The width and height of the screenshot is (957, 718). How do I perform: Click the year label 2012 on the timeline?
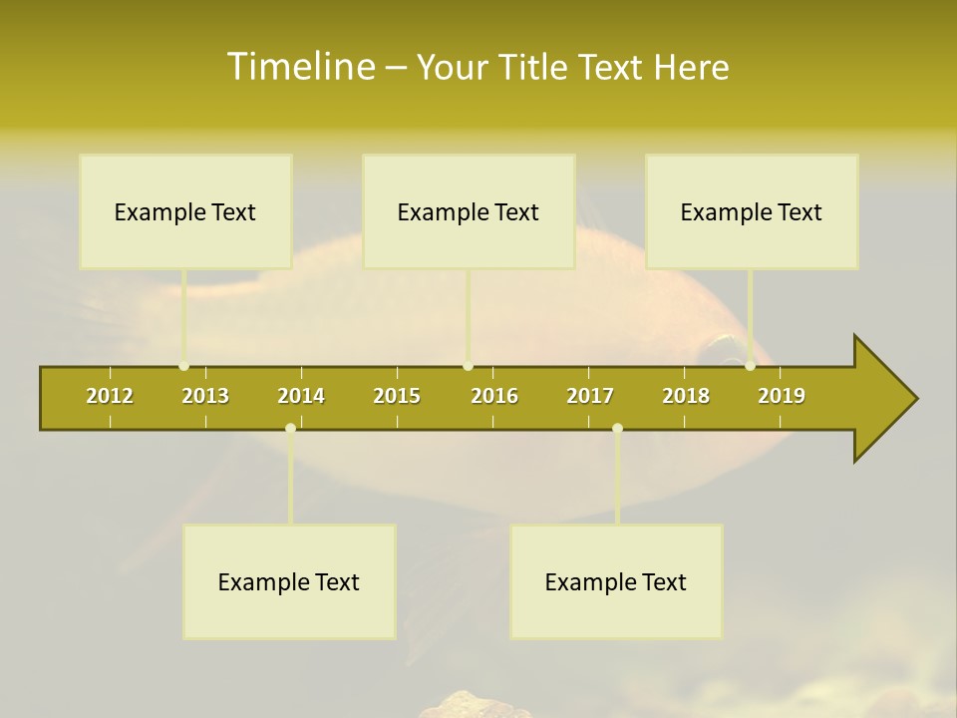110,396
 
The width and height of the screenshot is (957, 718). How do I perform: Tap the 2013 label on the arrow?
205,396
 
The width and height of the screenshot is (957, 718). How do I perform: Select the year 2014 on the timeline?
301,396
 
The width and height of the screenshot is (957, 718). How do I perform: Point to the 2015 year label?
397,396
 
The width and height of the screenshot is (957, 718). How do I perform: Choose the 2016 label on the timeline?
494,396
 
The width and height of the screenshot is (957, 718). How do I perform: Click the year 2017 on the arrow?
590,396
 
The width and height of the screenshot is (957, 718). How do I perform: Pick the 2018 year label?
686,396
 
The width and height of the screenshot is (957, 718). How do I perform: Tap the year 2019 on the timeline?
782,396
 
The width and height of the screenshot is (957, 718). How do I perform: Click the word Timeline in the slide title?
300,67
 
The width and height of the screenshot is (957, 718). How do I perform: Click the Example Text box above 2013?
185,211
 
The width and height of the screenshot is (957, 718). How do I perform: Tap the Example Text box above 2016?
469,211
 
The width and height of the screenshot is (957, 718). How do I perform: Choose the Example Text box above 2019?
752,211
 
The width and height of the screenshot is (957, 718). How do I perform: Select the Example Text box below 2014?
289,581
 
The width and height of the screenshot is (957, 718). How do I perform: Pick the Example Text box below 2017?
616,581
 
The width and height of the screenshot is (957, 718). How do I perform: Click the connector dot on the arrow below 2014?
290,429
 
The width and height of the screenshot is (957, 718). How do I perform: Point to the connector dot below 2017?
617,429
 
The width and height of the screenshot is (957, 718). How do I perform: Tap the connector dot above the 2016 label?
468,366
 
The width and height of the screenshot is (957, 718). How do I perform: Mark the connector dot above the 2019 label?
750,366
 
